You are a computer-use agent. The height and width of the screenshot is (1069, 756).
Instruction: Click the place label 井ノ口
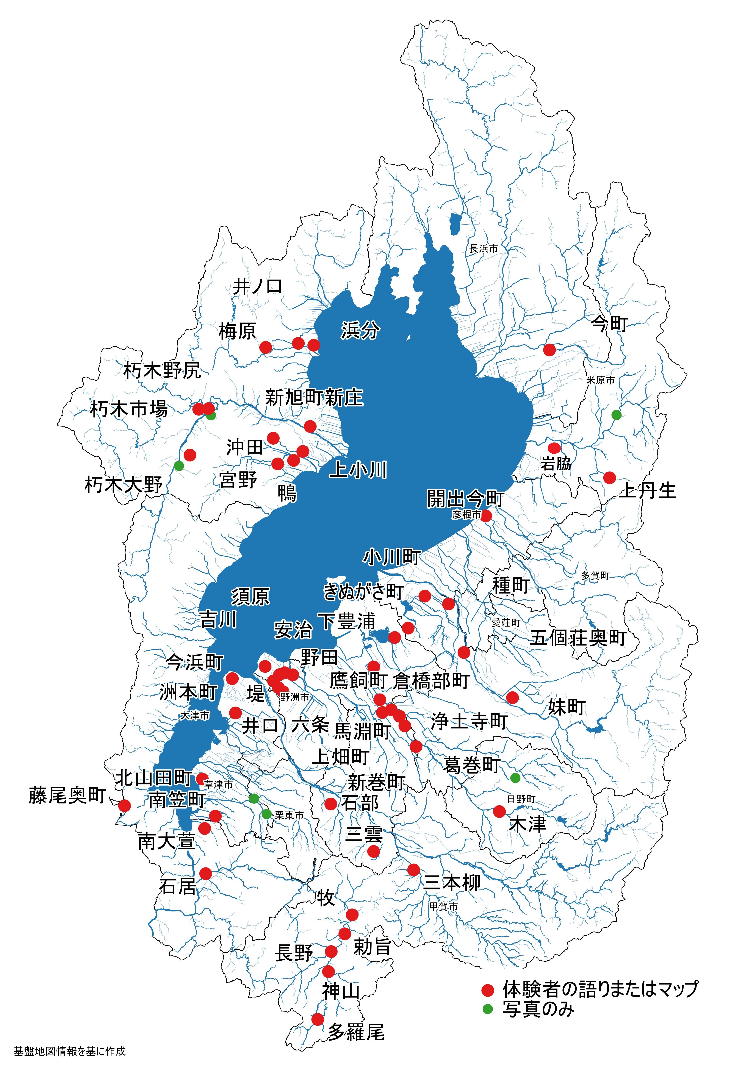click(257, 286)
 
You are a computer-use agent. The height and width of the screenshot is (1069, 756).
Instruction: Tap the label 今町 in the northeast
click(609, 324)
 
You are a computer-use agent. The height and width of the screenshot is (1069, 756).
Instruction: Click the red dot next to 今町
click(550, 350)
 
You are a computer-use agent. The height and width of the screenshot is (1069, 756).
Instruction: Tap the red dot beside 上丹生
click(609, 478)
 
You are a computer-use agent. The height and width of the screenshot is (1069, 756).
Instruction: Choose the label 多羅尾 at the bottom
click(356, 1032)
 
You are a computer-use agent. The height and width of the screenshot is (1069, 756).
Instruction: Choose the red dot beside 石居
click(205, 874)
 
